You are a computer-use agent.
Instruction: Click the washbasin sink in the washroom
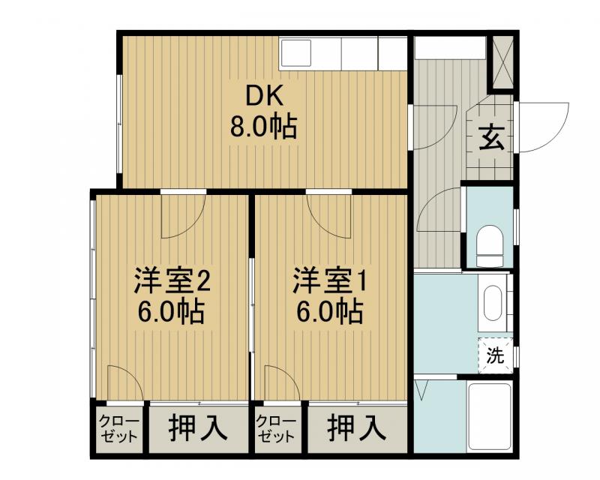point(493,303)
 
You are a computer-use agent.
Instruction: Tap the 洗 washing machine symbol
point(495,355)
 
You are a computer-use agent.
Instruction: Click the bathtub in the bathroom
point(490,416)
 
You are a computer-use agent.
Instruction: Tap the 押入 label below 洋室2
point(196,428)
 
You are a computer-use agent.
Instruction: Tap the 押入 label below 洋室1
point(356,428)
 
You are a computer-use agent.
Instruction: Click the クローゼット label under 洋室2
point(119,428)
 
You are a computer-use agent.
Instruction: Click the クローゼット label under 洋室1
point(277,428)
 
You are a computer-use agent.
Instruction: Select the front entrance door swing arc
point(538,126)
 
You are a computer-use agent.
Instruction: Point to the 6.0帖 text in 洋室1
point(329,310)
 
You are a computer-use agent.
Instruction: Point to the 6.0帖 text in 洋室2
point(171,310)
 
